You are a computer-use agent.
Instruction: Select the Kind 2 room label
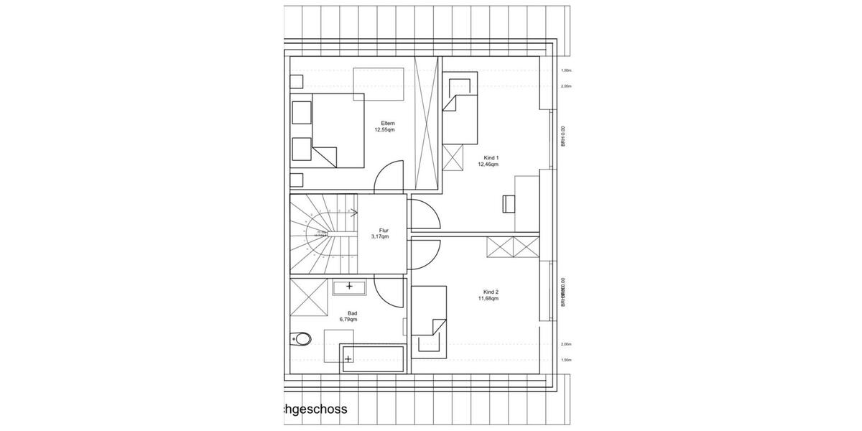[491, 292]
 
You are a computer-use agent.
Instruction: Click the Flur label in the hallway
[384, 231]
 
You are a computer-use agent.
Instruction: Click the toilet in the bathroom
[301, 338]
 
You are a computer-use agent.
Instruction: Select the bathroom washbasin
[350, 287]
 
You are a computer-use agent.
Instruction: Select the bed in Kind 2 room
[429, 320]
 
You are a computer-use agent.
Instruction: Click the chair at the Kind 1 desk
[509, 203]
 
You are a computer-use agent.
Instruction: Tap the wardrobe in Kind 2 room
[513, 248]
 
